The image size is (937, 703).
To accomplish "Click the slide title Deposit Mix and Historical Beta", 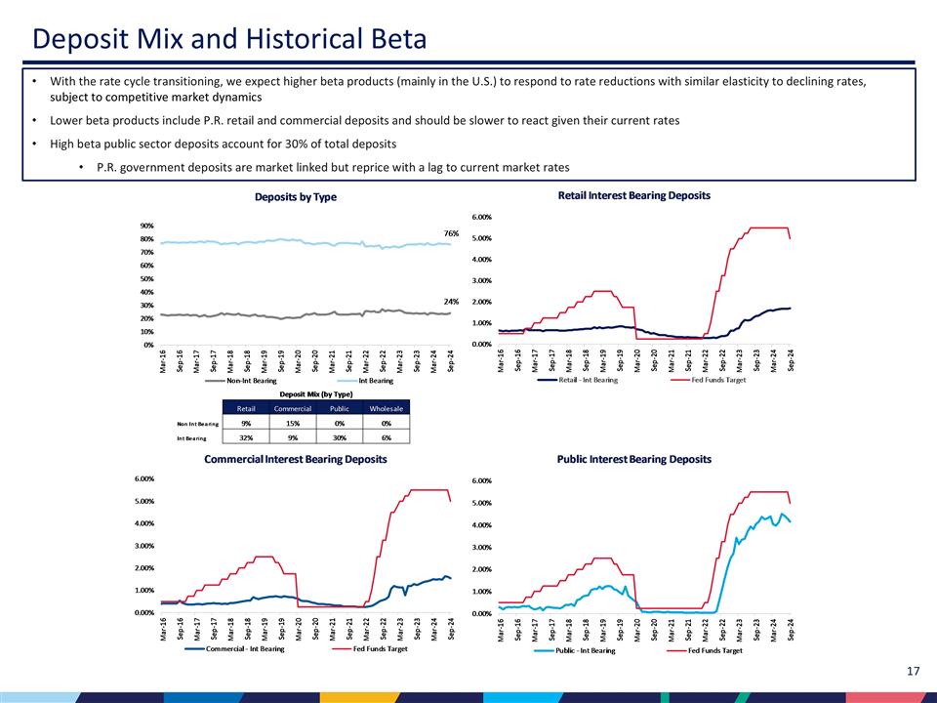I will [229, 40].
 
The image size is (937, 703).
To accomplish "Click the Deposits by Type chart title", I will [295, 197].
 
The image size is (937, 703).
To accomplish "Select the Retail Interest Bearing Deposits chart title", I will [633, 195].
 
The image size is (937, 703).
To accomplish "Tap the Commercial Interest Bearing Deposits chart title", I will [295, 459].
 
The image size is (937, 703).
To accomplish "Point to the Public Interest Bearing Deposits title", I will [633, 459].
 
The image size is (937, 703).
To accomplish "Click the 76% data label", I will [451, 233].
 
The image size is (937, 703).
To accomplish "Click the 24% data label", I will [451, 302].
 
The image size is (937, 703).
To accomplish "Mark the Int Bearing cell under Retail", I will [246, 437].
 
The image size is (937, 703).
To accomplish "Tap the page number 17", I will [914, 671].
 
